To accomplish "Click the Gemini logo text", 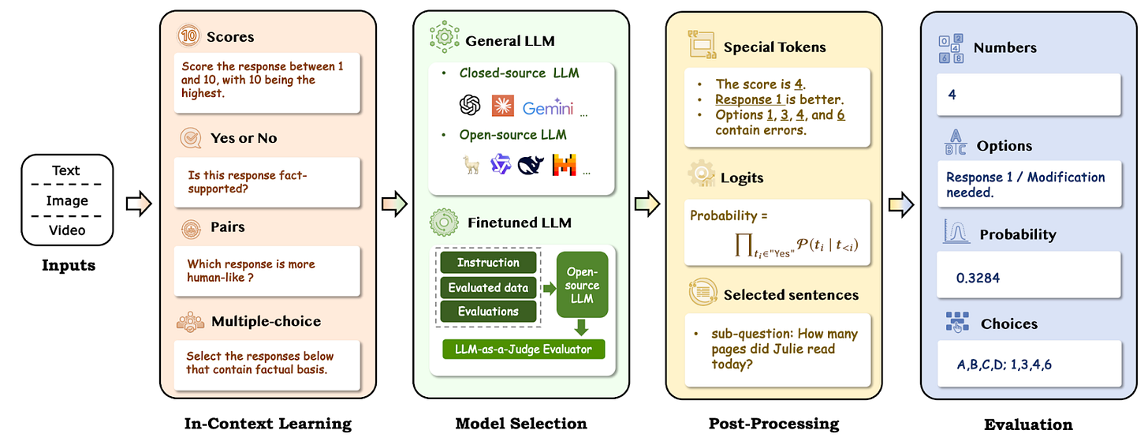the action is (547, 107).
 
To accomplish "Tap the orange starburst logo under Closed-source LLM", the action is (502, 106).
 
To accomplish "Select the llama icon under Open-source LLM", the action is (471, 165).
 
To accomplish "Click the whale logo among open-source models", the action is (531, 166).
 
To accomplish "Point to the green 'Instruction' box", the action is (488, 263).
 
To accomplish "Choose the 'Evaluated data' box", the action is (488, 288).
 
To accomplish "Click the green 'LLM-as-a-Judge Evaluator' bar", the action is (524, 349).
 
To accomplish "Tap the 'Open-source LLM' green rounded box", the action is (582, 285).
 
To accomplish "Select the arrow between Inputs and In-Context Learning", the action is (139, 204).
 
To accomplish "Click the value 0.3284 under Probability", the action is (978, 278).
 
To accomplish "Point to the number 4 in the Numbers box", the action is (952, 95).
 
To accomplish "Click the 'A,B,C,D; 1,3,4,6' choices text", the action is (1004, 365).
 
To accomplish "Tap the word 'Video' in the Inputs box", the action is (67, 230).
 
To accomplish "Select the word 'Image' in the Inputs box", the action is (67, 200).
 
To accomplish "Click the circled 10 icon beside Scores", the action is (188, 36).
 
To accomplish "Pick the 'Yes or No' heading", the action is (244, 138).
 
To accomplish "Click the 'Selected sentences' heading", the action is (791, 295).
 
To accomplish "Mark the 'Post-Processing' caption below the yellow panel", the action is (774, 424).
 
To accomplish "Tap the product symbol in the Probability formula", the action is (743, 245).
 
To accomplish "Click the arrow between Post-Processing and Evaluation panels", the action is (901, 204).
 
